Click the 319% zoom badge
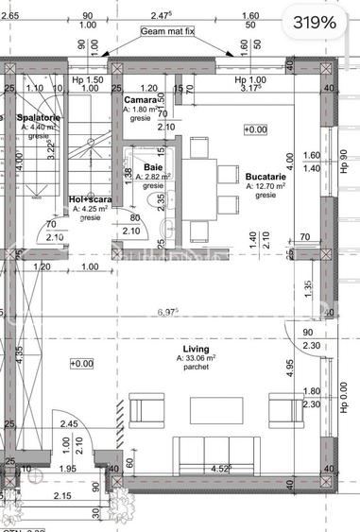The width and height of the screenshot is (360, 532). coord(314,22)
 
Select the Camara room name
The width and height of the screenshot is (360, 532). coord(141,98)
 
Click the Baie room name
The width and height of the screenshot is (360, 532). coord(152,166)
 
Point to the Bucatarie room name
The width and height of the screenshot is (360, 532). coord(266,177)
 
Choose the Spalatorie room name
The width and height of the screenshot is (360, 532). coord(39,117)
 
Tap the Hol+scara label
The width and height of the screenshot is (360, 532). coord(91,199)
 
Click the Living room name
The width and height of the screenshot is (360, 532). coord(197,349)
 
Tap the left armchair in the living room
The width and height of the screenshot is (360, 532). coord(146,409)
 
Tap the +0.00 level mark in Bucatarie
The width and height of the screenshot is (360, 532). coord(254,129)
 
